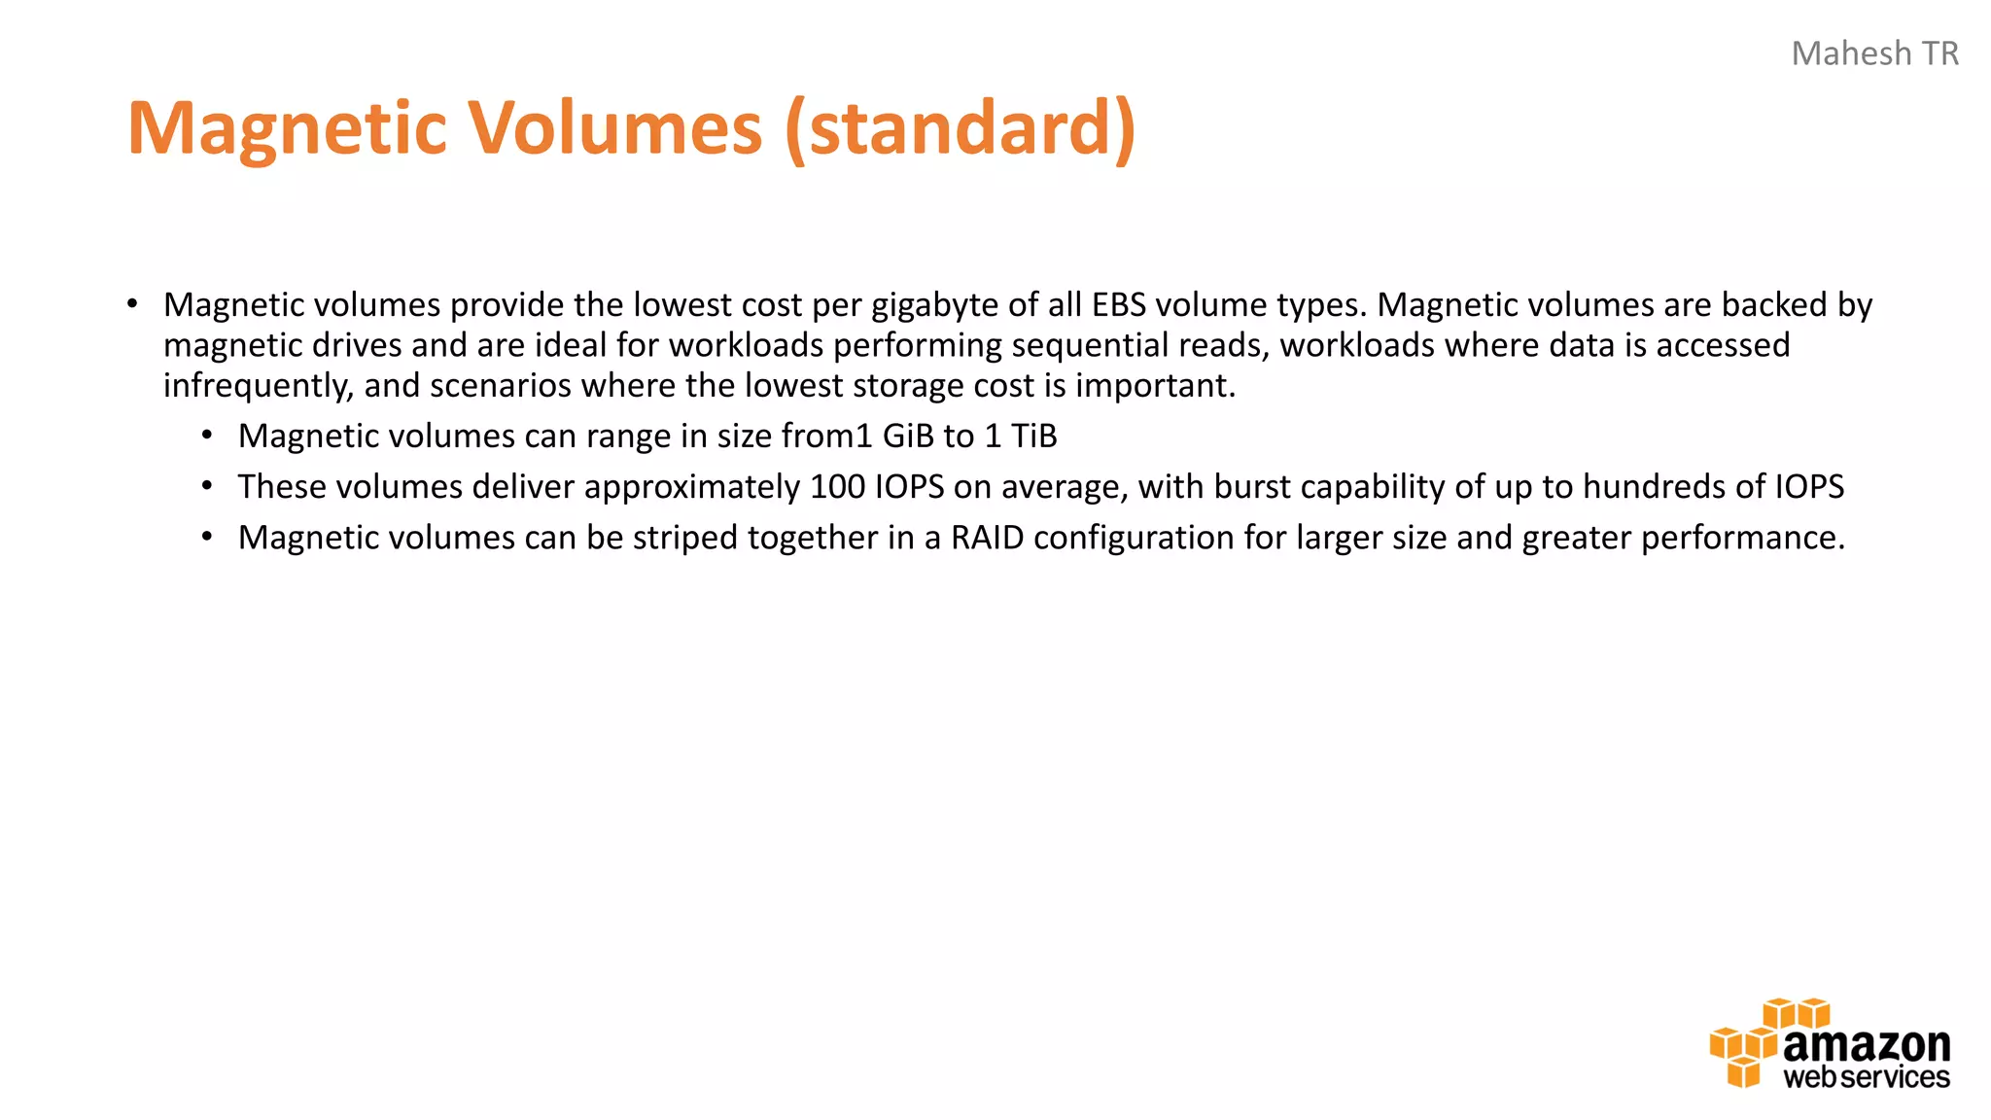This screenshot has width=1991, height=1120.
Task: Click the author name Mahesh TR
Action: point(1874,53)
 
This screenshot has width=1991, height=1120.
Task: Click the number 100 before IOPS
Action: point(837,487)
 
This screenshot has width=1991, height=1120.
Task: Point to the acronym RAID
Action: point(987,538)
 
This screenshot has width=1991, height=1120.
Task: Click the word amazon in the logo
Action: point(1867,1046)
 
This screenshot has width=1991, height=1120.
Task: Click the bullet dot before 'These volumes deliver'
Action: point(207,487)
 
